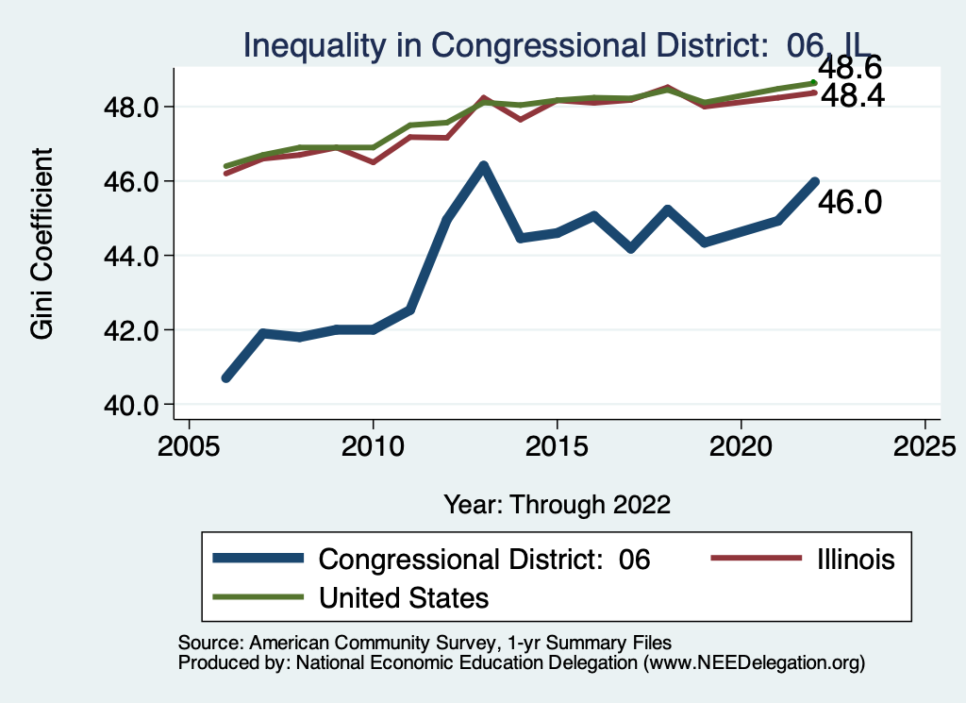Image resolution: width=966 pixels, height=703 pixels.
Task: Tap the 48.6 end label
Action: (x=849, y=68)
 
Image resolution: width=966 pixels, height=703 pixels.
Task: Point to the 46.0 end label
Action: (x=849, y=201)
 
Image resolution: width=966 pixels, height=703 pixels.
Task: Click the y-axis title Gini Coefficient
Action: (x=42, y=243)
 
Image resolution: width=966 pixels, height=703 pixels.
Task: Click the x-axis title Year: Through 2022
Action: (x=557, y=504)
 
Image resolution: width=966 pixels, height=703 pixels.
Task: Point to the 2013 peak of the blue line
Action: (x=483, y=167)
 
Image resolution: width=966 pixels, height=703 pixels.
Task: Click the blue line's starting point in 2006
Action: (x=226, y=377)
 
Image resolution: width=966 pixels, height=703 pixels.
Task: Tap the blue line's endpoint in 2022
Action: (x=814, y=181)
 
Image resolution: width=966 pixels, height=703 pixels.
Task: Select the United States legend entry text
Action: (x=404, y=597)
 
